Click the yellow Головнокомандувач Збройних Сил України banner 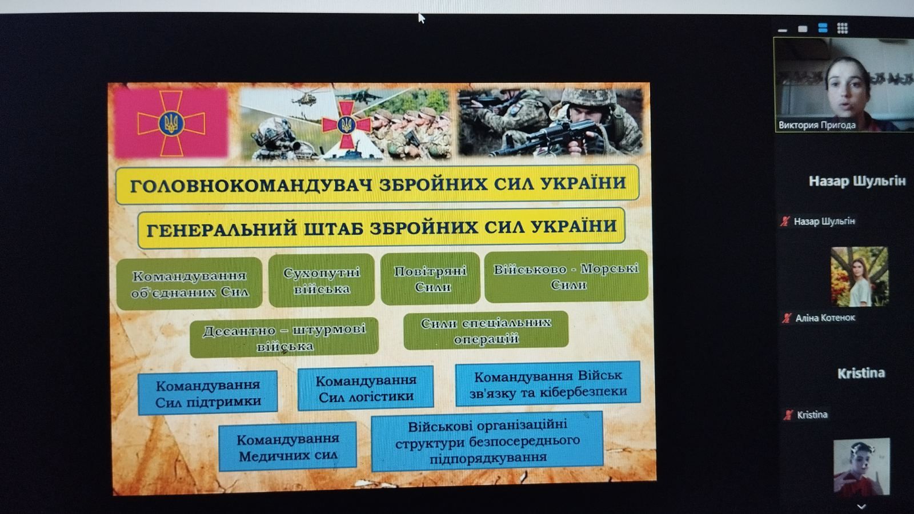click(x=378, y=184)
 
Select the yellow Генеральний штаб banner click(x=382, y=228)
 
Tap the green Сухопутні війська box click(x=322, y=280)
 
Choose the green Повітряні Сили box click(x=431, y=279)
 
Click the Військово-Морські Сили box click(x=566, y=276)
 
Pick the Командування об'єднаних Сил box click(x=189, y=283)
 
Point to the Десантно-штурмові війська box click(x=284, y=338)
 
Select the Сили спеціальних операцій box click(x=486, y=330)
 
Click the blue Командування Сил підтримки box click(x=208, y=393)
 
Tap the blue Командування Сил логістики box click(x=366, y=388)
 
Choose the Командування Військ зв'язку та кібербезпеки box click(x=548, y=383)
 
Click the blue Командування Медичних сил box click(x=288, y=447)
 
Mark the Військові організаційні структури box click(x=487, y=441)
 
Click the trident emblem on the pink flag click(x=171, y=123)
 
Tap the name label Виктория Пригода click(x=817, y=125)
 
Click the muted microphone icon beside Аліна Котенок click(x=786, y=318)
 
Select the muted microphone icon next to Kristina click(x=788, y=415)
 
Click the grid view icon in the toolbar click(x=842, y=28)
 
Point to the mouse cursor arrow click(x=422, y=18)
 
